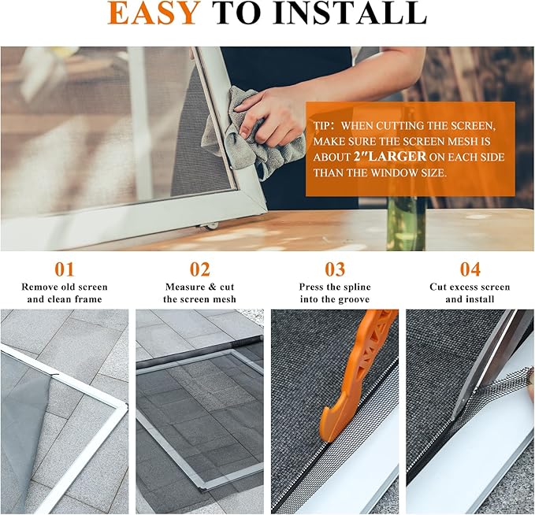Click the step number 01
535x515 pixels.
click(65, 270)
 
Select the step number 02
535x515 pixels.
click(200, 270)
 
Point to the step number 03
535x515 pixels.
click(335, 270)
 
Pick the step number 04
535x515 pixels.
click(470, 270)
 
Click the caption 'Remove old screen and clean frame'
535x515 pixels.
click(65, 293)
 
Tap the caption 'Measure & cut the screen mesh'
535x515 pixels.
click(200, 293)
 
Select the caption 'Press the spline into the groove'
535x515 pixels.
click(335, 293)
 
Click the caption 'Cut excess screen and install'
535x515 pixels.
click(470, 293)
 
